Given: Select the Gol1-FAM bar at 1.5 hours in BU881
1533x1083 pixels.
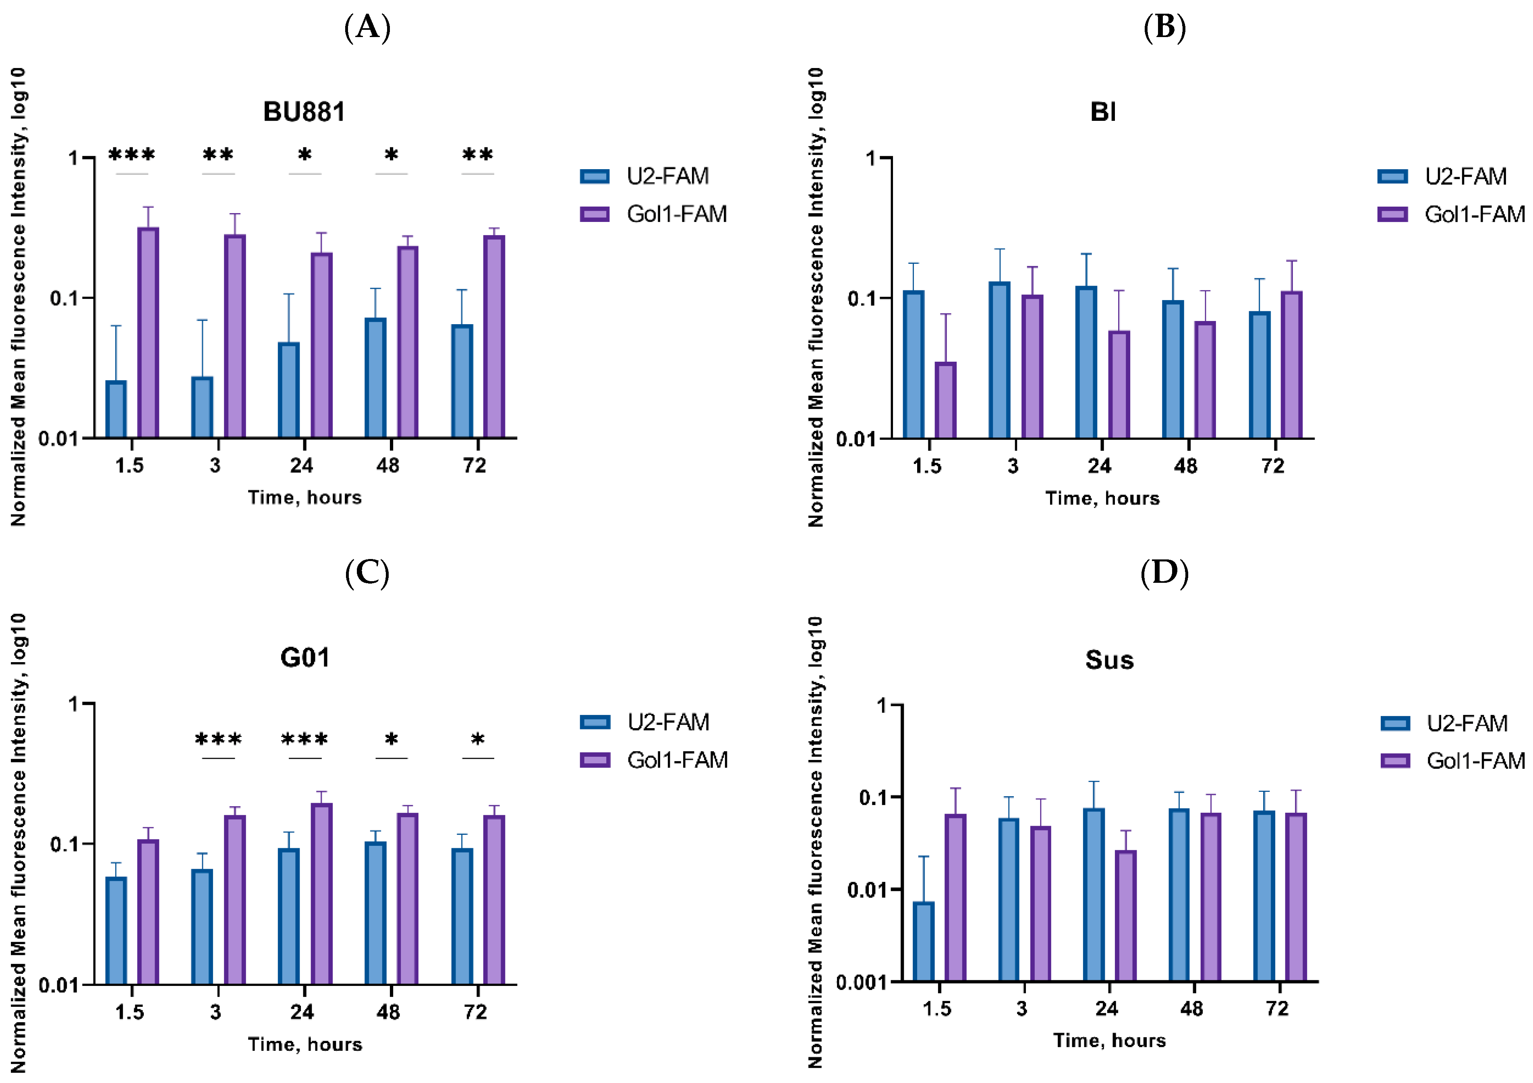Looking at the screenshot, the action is (x=148, y=333).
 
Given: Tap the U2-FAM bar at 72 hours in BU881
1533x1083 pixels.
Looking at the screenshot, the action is (x=462, y=381).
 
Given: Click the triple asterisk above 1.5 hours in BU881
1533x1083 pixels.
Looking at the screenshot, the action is (x=132, y=155).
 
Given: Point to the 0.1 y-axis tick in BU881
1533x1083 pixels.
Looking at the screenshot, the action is (x=65, y=298).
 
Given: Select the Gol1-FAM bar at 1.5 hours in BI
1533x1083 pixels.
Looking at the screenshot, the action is (x=945, y=400).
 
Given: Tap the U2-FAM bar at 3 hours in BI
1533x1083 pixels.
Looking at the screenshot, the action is (x=1000, y=360).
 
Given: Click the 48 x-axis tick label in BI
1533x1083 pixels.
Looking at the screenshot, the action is (x=1186, y=466).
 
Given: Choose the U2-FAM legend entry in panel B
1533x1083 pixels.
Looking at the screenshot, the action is (x=1443, y=176).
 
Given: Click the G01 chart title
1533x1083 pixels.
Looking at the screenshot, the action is (x=305, y=658).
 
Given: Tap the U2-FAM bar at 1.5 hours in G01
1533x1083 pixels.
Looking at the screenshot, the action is (x=116, y=931).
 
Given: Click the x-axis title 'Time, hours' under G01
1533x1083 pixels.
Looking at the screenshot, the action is (x=305, y=1044).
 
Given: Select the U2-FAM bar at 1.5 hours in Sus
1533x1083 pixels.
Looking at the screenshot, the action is (x=924, y=942).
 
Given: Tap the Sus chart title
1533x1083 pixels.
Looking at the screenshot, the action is (x=1109, y=661).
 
